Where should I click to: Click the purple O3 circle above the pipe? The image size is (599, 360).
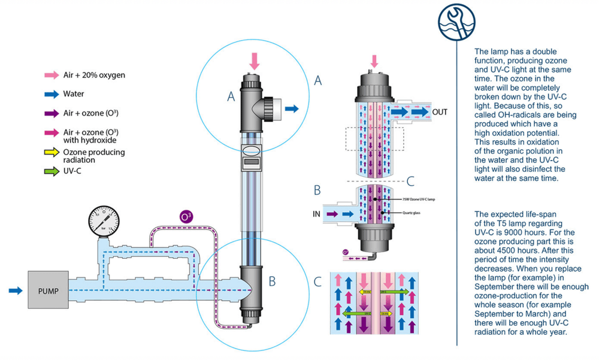coord(186,216)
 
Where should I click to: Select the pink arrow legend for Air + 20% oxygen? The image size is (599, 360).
coord(51,75)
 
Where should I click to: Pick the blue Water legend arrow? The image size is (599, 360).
coord(51,94)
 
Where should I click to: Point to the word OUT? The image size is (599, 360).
coord(440,111)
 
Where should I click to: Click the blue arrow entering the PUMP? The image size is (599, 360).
coord(17,291)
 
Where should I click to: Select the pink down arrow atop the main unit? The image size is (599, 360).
coord(255,60)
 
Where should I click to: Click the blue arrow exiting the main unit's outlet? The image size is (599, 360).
coord(293,108)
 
